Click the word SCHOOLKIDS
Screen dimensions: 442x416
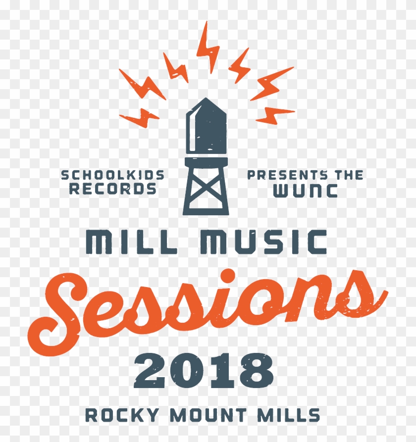112,174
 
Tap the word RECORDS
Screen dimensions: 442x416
113,189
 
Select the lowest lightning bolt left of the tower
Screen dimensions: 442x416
140,117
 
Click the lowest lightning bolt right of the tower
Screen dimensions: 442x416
274,115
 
